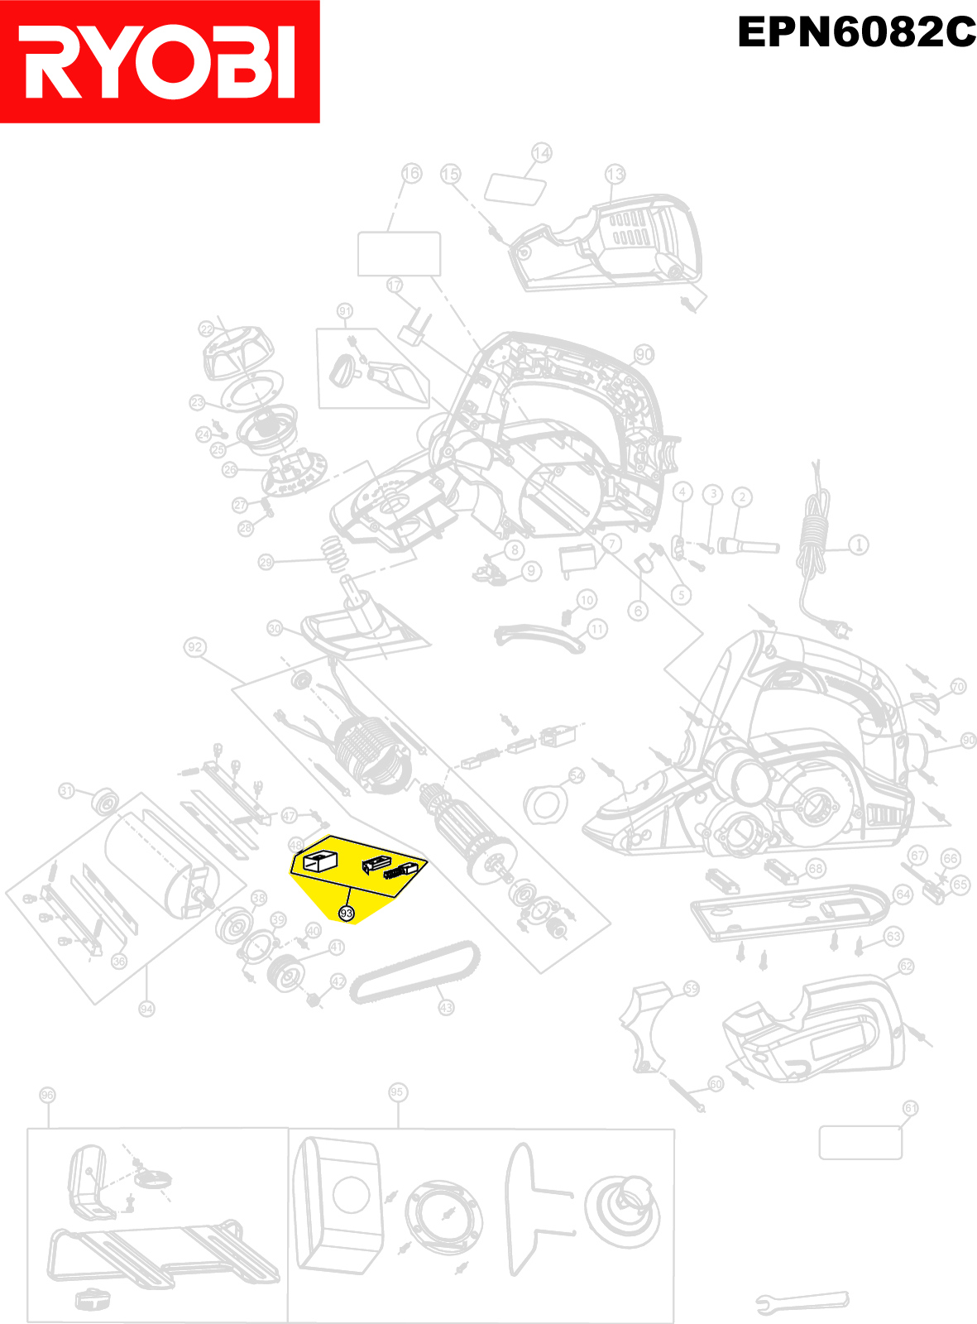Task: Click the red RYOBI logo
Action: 160,62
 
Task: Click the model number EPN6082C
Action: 856,33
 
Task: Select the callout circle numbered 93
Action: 347,914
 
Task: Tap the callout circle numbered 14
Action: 541,153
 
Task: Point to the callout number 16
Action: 411,173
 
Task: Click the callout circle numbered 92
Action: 195,647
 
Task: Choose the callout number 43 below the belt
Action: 446,1007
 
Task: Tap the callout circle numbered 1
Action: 860,544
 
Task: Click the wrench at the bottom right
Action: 802,1302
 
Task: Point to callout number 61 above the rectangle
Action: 910,1108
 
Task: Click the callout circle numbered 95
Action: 397,1092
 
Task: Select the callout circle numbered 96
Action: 47,1095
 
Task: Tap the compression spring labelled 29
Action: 333,553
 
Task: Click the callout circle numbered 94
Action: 146,1009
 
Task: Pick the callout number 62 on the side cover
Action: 906,967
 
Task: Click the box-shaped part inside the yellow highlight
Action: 319,861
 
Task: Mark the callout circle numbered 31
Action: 67,791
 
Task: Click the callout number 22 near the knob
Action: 207,329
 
